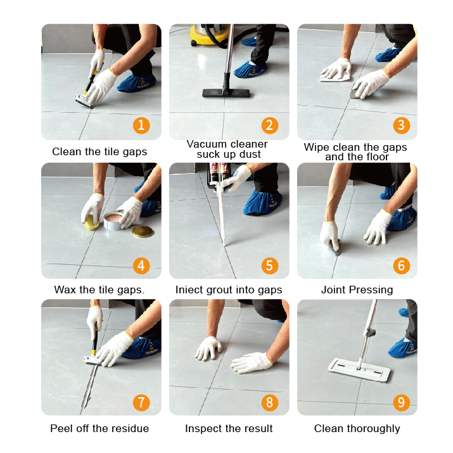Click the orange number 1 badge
[141, 125]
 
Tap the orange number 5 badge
[271, 265]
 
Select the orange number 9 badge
[400, 402]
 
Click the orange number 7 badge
[141, 402]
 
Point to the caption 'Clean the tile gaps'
[99, 151]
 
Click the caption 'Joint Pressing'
[357, 290]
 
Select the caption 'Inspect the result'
[229, 428]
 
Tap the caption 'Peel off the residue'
[99, 428]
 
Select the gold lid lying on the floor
[142, 231]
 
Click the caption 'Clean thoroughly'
[357, 428]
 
